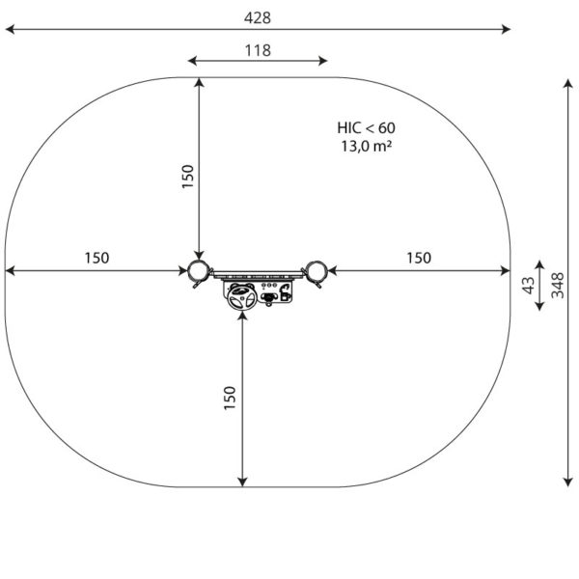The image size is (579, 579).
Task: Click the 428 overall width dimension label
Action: pyautogui.click(x=258, y=17)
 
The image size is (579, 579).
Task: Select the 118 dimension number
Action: pyautogui.click(x=258, y=50)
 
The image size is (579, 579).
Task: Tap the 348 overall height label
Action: pyautogui.click(x=558, y=286)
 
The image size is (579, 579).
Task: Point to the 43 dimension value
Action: pyautogui.click(x=529, y=286)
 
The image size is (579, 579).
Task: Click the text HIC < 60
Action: pyautogui.click(x=366, y=127)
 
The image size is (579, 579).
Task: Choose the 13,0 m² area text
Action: pyautogui.click(x=366, y=147)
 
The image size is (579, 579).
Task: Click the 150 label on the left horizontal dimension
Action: pyautogui.click(x=96, y=258)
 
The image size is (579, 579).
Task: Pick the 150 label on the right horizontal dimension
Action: pyautogui.click(x=419, y=258)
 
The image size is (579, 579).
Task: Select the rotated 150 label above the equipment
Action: pyautogui.click(x=187, y=177)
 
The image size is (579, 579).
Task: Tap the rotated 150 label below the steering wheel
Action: pyautogui.click(x=230, y=398)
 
